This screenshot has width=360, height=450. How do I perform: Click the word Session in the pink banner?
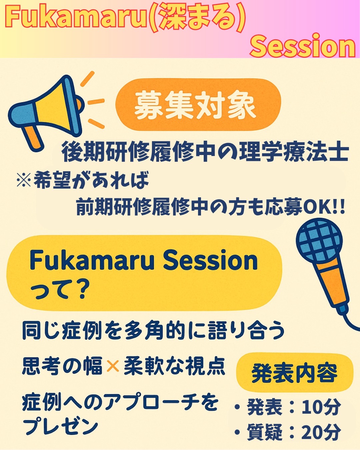pyautogui.click(x=303, y=46)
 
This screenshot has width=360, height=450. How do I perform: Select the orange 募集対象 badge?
pyautogui.click(x=198, y=105)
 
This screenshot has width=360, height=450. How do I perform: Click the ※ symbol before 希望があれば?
pyautogui.click(x=24, y=180)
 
